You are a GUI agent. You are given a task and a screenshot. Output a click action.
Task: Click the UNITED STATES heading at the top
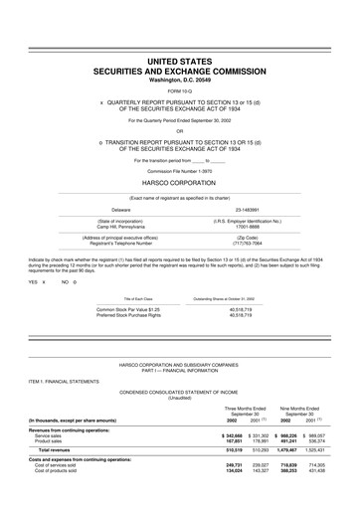[179, 62]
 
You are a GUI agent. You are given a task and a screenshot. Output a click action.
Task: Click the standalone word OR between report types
[179, 130]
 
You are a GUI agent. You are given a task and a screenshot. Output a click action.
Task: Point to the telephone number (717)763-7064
[249, 244]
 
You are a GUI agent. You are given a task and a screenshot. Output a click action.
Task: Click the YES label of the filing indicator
[33, 282]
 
